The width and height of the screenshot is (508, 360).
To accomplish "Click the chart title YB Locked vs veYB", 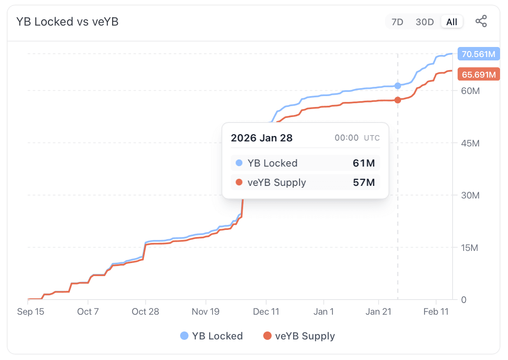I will tap(67, 22).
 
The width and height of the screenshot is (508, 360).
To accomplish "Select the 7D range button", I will tap(397, 22).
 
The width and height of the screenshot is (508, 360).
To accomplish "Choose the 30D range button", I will tap(424, 22).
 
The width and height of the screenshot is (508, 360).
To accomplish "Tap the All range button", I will tap(452, 22).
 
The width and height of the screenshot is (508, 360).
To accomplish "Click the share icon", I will tap(481, 21).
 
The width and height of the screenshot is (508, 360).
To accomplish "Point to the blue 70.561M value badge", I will tap(479, 54).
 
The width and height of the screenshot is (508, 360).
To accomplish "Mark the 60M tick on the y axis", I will tap(470, 91).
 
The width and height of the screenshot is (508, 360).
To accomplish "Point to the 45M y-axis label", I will tap(470, 143).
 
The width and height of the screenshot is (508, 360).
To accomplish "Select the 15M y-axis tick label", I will tap(470, 248).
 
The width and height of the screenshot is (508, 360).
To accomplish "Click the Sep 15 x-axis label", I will tap(31, 311).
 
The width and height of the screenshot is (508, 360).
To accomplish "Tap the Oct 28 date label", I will tap(145, 311).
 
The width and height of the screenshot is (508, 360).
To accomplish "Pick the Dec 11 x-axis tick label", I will tap(266, 311).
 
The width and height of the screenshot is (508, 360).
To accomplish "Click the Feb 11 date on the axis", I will tap(436, 311).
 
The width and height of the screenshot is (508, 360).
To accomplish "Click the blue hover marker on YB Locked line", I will tap(398, 86).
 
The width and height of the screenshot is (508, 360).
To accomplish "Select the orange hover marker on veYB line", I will tap(398, 100).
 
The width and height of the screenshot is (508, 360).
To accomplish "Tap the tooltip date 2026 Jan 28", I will tap(262, 138).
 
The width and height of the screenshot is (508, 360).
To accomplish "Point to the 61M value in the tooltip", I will tap(364, 163).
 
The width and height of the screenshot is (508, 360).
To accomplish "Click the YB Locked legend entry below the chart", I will tap(212, 336).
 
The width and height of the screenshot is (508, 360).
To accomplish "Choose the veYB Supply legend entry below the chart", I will tap(299, 336).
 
